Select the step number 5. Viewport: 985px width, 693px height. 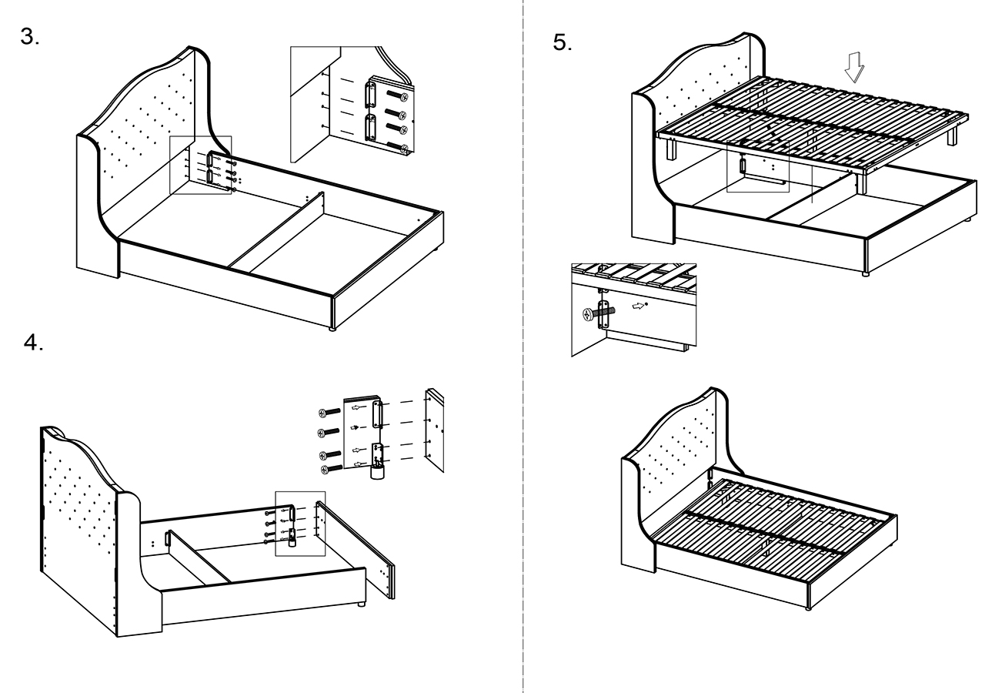pos(563,42)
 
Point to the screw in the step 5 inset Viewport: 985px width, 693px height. pos(592,314)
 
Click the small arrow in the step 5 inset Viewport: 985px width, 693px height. pos(638,305)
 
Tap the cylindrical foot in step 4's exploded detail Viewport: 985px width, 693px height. pos(377,471)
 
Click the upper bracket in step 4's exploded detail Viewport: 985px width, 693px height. pos(377,413)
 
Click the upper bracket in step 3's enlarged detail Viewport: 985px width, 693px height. pos(370,94)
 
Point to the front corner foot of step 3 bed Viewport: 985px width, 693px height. pos(332,328)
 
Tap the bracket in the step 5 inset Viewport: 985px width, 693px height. pos(606,315)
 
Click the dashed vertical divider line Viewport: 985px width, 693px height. pos(523,346)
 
